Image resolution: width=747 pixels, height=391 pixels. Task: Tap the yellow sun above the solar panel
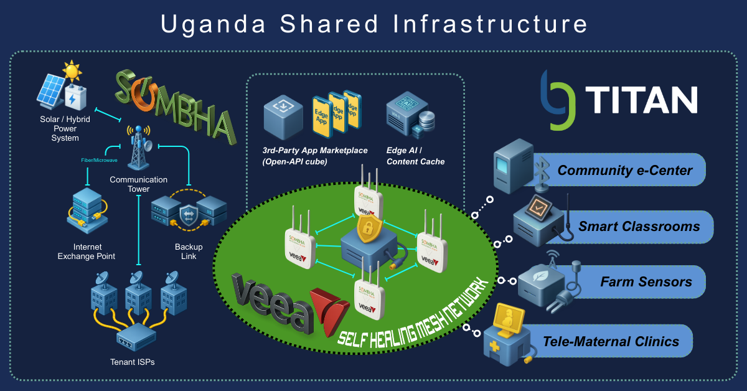(x=72, y=71)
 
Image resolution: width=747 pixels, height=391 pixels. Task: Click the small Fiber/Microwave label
(x=100, y=160)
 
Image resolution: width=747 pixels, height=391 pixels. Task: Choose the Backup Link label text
(x=188, y=252)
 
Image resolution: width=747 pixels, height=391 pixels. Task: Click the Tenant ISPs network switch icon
(x=136, y=339)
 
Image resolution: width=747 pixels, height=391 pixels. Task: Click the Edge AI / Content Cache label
(x=415, y=156)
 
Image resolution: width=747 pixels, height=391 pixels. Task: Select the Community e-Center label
(x=624, y=170)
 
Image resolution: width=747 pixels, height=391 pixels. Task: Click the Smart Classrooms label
(x=637, y=226)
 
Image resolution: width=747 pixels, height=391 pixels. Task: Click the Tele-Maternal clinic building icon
(x=507, y=339)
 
